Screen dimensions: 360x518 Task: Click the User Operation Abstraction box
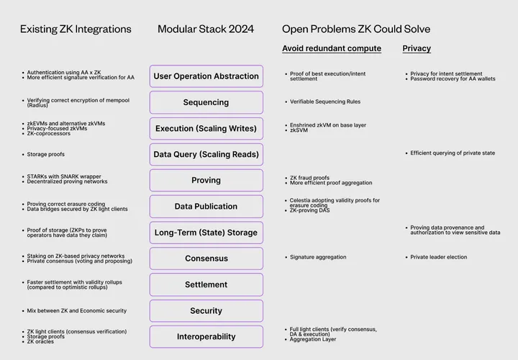[206, 76]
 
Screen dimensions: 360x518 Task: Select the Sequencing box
[206, 102]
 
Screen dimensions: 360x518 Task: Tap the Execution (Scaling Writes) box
[206, 128]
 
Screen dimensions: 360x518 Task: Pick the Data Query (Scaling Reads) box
[206, 154]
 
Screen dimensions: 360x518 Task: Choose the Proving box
[206, 180]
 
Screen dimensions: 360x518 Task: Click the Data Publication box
[206, 207]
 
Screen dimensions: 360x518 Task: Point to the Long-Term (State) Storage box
[206, 233]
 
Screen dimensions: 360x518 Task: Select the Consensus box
[206, 258]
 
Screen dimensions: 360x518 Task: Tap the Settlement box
[206, 284]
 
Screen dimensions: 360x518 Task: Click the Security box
[206, 310]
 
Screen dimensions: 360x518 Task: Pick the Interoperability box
[206, 336]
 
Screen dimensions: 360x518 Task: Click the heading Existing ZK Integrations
[76, 30]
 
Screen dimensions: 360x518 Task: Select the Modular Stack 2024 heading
[206, 30]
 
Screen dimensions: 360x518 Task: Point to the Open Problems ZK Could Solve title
[356, 30]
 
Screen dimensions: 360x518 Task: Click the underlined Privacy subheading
[417, 49]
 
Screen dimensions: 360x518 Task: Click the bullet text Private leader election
[438, 257]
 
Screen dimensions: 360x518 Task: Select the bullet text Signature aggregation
[318, 257]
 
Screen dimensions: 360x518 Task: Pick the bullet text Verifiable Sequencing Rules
[325, 102]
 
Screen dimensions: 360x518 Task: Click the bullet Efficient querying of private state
[453, 153]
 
